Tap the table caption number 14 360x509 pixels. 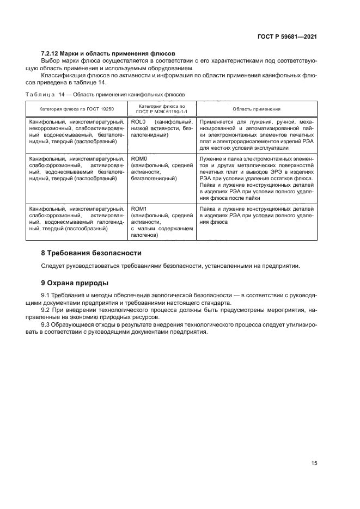(61, 94)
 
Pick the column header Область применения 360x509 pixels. (256, 108)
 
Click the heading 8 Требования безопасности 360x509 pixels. (91, 253)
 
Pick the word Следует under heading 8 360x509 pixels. (53, 266)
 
